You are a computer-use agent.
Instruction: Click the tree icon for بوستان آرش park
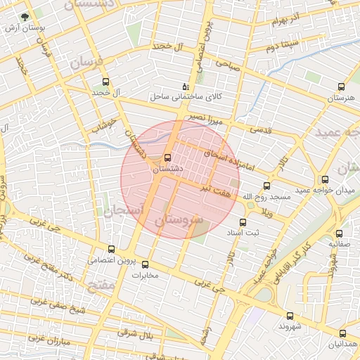[26, 16]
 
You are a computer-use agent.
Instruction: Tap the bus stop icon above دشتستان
[167, 157]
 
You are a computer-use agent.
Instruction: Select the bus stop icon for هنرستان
[341, 87]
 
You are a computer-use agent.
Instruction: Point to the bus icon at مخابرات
[146, 264]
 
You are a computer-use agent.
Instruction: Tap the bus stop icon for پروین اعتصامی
[111, 249]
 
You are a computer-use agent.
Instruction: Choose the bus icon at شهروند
[290, 316]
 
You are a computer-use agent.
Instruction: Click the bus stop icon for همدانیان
[342, 333]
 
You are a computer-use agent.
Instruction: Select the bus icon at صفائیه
[340, 233]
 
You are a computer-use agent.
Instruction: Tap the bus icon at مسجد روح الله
[266, 186]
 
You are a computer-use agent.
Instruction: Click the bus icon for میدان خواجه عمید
[324, 179]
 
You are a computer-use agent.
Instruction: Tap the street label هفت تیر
[215, 188]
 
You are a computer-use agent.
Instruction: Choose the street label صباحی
[229, 63]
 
